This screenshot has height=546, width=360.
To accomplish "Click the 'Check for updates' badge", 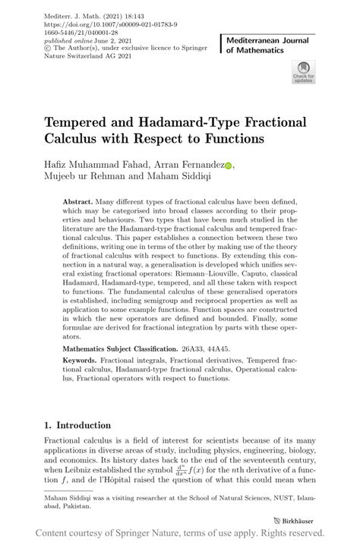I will pos(303,71).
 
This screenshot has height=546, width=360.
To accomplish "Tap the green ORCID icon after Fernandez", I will pos(229,164).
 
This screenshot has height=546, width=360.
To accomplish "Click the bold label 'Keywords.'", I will pos(84,366).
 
